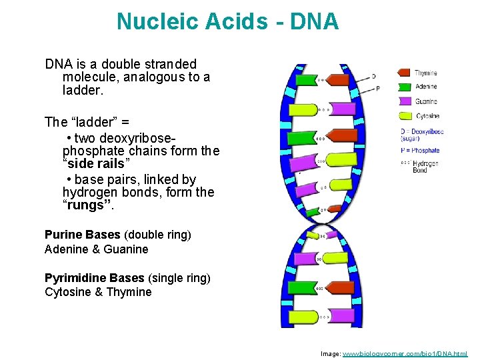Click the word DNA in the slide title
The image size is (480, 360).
(314, 22)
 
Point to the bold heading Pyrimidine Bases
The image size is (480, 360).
(94, 277)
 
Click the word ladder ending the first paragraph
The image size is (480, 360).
(79, 89)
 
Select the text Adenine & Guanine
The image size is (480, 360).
(96, 249)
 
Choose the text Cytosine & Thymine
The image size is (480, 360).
(98, 292)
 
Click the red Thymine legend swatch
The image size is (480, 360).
(404, 73)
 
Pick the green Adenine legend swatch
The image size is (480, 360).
(404, 87)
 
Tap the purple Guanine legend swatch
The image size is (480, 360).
(404, 101)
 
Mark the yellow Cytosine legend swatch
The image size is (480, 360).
(404, 116)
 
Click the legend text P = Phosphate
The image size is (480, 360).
(420, 151)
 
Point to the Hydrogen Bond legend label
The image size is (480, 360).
(425, 167)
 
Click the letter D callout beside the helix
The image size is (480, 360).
(374, 76)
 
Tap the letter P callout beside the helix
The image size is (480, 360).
(378, 88)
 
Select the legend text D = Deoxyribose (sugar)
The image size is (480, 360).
(421, 135)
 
